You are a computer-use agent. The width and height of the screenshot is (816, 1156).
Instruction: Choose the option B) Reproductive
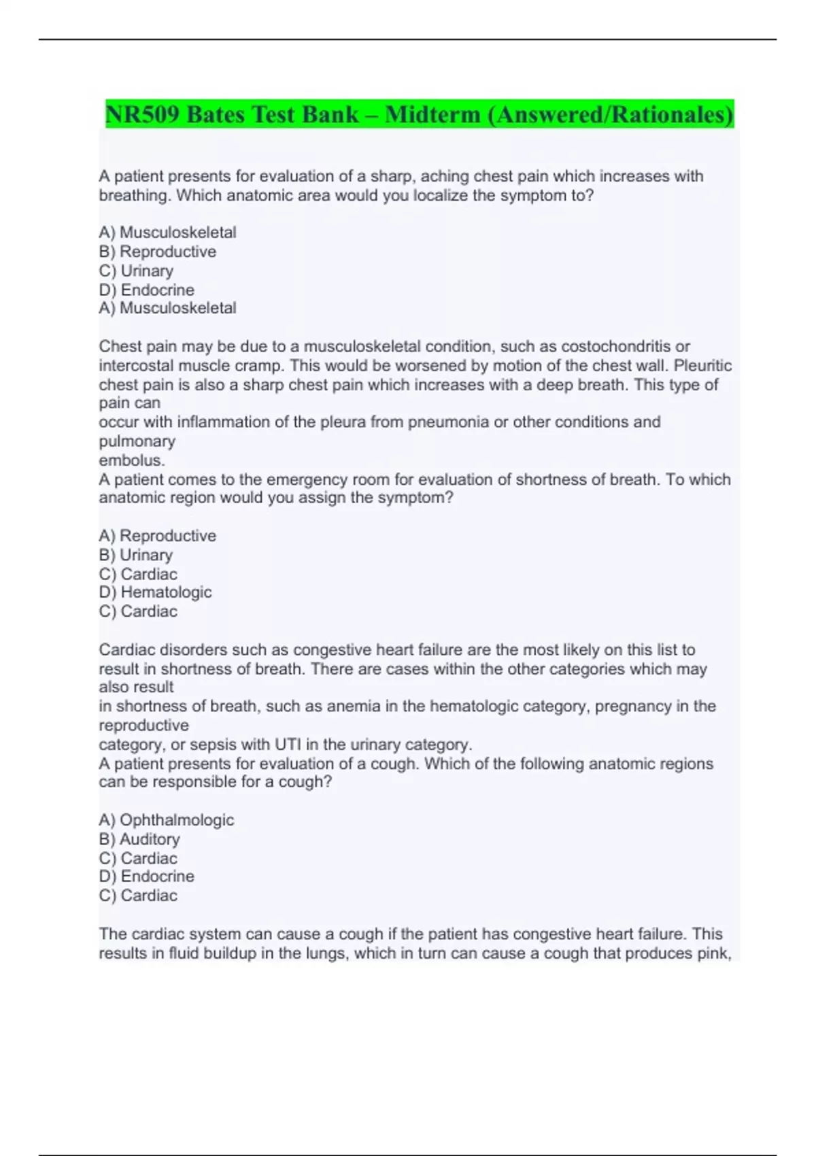(x=158, y=252)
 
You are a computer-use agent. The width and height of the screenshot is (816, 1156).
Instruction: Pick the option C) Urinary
(x=136, y=271)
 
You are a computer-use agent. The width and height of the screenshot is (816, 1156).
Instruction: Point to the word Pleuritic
(x=702, y=366)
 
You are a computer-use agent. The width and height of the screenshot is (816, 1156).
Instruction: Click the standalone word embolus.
(x=132, y=460)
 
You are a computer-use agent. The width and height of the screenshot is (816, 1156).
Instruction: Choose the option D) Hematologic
(x=155, y=592)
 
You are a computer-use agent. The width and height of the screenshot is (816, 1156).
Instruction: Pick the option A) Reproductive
(x=158, y=536)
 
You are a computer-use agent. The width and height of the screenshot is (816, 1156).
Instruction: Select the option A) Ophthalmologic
(x=167, y=820)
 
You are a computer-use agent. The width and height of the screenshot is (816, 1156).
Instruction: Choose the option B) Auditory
(x=139, y=839)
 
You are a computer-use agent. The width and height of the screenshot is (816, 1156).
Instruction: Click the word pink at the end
(x=711, y=953)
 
